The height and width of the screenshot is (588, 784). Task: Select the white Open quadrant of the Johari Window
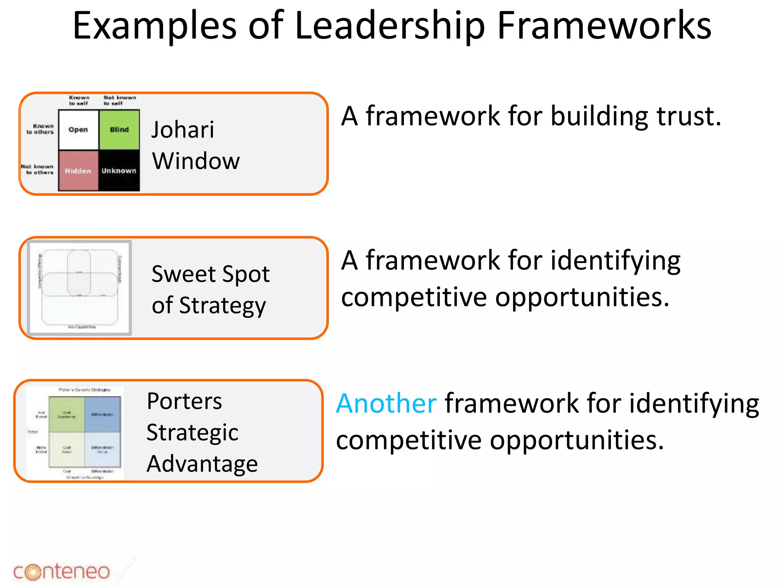click(78, 130)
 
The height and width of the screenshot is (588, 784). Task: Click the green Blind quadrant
click(119, 130)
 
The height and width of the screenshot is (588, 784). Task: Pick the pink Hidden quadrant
click(78, 171)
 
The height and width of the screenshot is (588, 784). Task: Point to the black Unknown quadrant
click(119, 171)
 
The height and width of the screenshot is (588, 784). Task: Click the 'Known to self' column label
click(79, 100)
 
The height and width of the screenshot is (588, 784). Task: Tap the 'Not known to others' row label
click(38, 170)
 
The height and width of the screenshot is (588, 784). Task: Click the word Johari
click(183, 129)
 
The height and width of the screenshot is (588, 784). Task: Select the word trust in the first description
click(688, 116)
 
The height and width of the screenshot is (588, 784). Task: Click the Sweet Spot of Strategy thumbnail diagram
click(80, 288)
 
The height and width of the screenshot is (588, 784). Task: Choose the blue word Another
click(386, 403)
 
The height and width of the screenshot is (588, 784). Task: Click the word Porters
click(184, 401)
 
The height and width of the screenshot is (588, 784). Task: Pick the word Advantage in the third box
click(202, 464)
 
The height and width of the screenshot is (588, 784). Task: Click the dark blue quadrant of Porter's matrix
click(103, 414)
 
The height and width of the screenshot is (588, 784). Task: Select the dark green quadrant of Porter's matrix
click(67, 414)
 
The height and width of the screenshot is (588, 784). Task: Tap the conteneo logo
click(62, 572)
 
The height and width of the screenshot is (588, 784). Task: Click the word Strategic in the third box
click(192, 433)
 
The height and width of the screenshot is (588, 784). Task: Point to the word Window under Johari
click(196, 161)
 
